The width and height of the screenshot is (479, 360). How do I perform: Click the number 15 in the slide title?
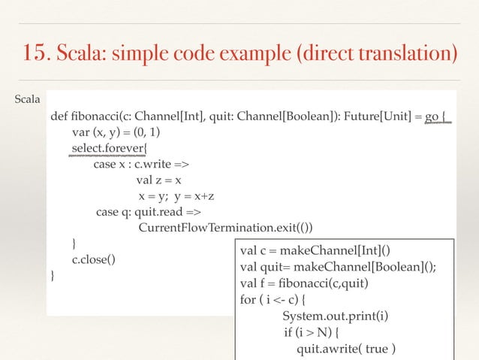pyautogui.click(x=35, y=54)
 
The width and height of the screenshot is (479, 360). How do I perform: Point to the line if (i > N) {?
pyautogui.click(x=313, y=332)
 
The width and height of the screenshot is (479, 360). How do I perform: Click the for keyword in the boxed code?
pyautogui.click(x=248, y=300)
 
